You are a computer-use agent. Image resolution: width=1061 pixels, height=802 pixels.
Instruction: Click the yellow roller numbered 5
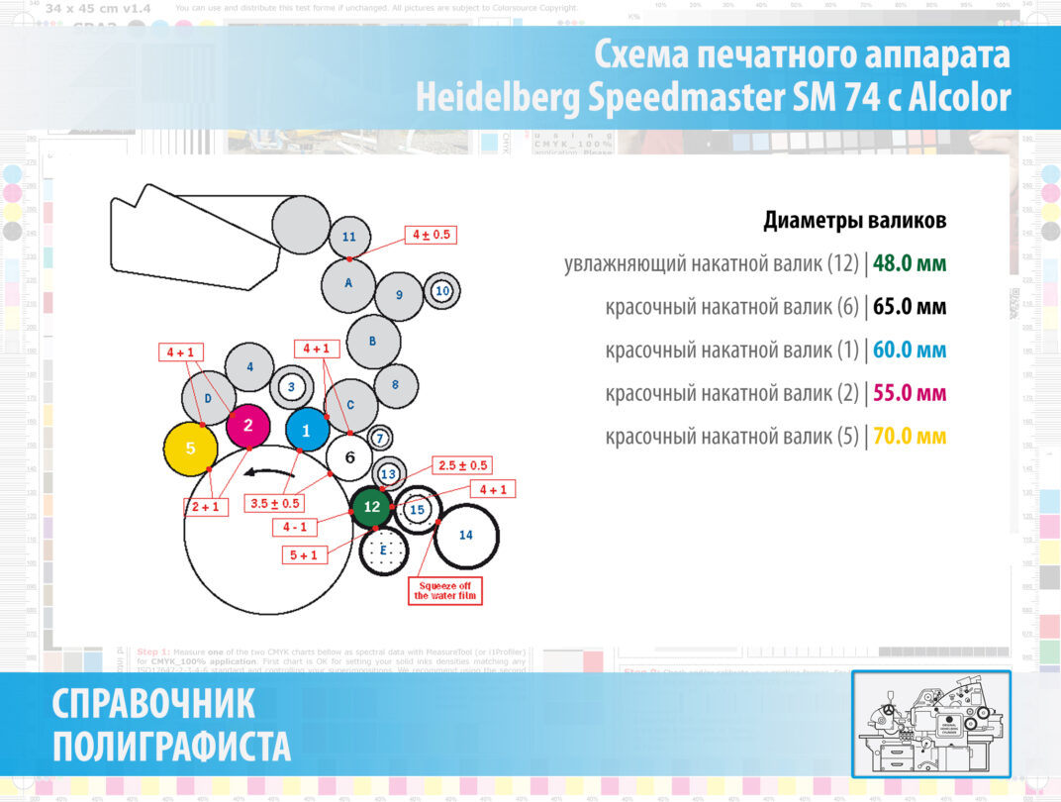click(x=191, y=449)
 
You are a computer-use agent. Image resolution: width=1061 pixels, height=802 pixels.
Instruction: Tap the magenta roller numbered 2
click(x=248, y=426)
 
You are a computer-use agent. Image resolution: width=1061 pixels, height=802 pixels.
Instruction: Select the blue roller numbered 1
click(x=307, y=430)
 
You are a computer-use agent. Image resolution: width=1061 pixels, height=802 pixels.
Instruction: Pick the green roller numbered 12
click(x=371, y=506)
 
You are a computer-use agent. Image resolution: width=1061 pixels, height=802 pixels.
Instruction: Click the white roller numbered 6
click(x=349, y=456)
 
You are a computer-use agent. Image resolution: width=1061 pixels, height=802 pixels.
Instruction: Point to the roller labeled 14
click(x=466, y=535)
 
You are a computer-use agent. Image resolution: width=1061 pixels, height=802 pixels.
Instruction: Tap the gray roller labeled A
click(x=348, y=283)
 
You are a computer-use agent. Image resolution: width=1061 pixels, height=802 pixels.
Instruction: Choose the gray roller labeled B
click(x=373, y=341)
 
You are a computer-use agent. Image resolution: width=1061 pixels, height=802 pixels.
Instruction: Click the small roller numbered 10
click(x=442, y=291)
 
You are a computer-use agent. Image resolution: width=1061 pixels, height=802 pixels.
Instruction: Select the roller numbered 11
click(x=348, y=237)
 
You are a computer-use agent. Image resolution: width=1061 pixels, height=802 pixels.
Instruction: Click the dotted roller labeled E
click(x=384, y=550)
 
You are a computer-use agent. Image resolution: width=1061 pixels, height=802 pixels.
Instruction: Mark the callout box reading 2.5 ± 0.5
click(x=461, y=465)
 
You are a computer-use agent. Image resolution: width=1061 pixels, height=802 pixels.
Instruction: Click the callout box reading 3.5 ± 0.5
click(x=275, y=504)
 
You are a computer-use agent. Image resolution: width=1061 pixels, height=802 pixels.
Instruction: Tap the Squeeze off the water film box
click(x=444, y=590)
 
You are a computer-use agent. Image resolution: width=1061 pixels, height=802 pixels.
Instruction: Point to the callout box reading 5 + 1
click(x=304, y=555)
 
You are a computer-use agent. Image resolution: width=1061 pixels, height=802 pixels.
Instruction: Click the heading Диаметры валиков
click(x=854, y=221)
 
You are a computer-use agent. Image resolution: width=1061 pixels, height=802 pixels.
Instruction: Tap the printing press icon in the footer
click(x=930, y=723)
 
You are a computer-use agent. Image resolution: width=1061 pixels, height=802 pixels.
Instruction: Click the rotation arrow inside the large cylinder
click(x=273, y=471)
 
